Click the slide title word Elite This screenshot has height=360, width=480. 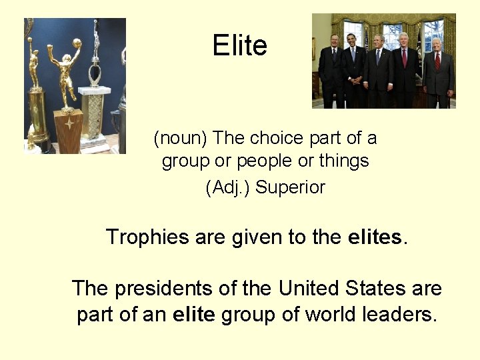[x=239, y=46]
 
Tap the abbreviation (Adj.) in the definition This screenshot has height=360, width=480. [x=228, y=188]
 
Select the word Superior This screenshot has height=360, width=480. [x=290, y=188]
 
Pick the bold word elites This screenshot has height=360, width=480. [x=375, y=237]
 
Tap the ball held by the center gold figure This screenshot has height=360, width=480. [x=77, y=43]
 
